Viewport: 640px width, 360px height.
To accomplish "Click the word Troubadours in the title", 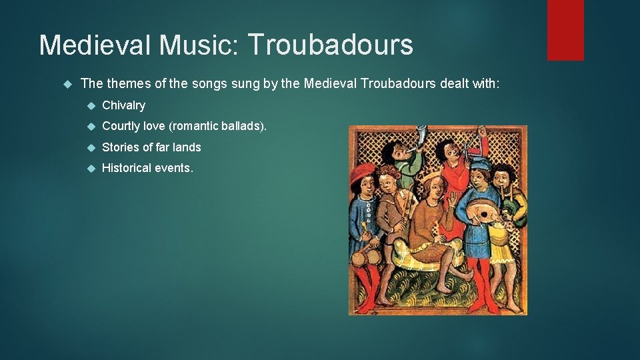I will [331, 45].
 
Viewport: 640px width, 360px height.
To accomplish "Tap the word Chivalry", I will [123, 105].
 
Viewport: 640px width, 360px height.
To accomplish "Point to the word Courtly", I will [121, 126].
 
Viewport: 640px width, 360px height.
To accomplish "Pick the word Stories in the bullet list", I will [121, 147].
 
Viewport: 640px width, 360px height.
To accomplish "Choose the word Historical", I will [126, 168].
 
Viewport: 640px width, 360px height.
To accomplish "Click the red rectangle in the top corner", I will [565, 30].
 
